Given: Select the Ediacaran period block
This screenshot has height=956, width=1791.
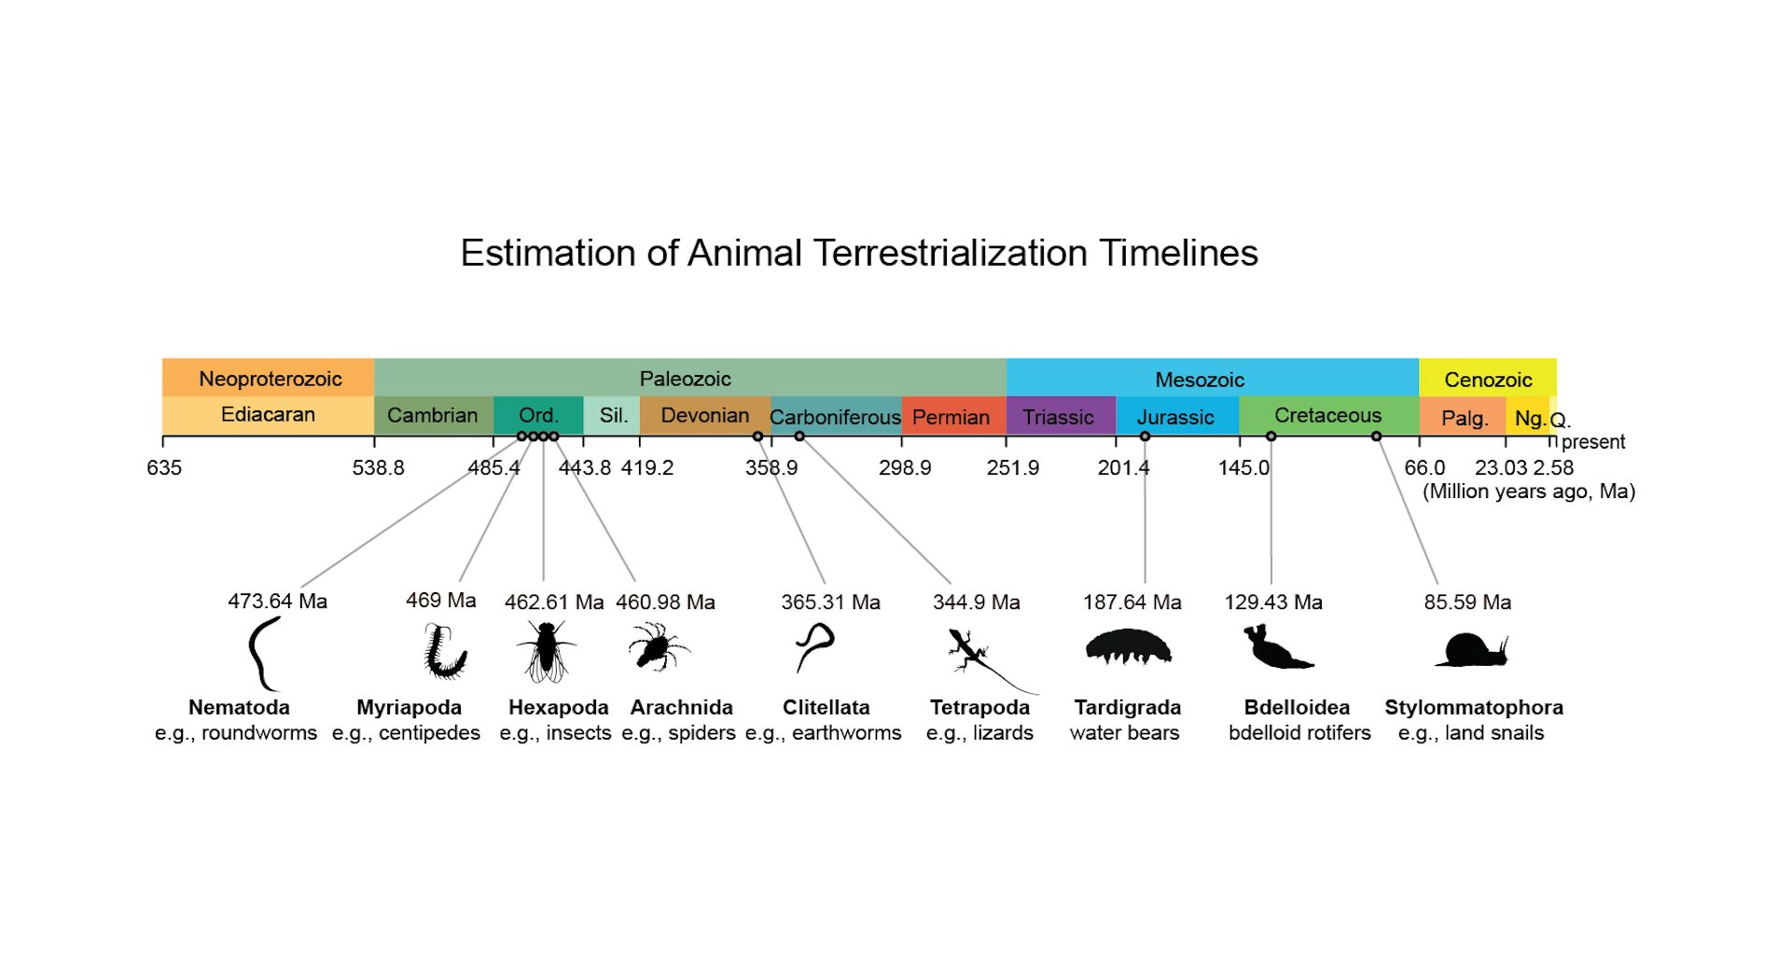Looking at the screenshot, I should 268,415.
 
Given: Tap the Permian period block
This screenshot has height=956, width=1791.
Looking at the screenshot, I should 952,417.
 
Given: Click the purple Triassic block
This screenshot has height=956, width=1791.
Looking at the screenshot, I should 1060,417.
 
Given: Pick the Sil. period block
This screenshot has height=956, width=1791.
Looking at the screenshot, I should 612,415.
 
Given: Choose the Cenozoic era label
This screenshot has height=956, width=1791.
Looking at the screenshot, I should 1488,380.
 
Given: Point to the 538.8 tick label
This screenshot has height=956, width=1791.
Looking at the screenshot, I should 378,468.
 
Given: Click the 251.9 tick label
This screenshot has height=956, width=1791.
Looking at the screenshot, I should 1012,468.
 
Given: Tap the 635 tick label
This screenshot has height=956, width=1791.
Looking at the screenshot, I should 164,468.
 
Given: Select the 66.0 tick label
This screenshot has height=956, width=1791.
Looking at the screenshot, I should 1424,468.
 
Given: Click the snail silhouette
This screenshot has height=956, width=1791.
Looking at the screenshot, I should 1472,650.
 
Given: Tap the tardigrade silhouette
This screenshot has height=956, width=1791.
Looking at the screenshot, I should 1129,646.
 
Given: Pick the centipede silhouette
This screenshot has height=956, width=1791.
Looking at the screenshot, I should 444,652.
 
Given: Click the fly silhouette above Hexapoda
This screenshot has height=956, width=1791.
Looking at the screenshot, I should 546,650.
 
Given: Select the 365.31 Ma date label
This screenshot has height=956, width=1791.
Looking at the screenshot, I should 830,603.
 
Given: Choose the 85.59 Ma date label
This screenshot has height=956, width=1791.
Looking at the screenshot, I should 1467,603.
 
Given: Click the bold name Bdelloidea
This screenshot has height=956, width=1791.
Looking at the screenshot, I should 1297,708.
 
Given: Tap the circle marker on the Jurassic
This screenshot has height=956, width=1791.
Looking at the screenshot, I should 1145,436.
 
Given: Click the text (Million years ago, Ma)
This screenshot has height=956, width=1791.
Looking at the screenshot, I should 1528,492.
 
